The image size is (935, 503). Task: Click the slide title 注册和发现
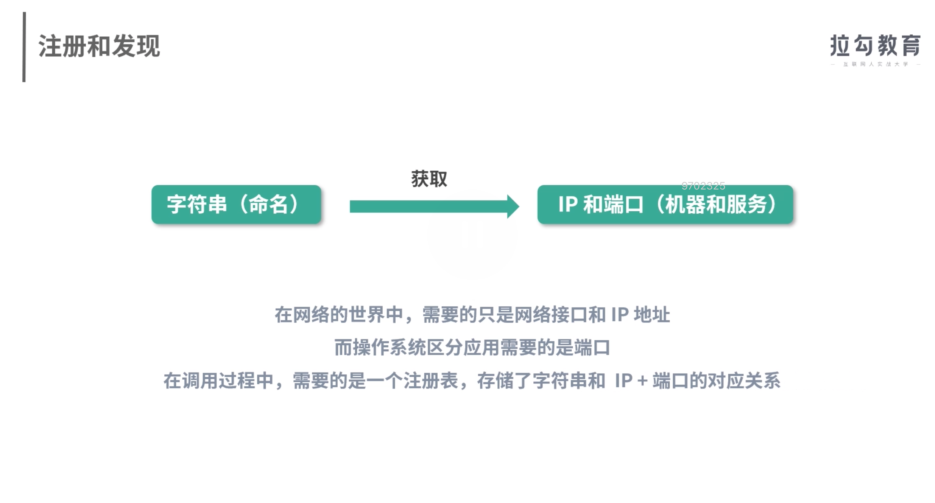[99, 46]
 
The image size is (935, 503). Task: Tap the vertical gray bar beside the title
[24, 47]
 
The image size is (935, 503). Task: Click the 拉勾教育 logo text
[875, 45]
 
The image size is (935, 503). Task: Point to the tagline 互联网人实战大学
[875, 64]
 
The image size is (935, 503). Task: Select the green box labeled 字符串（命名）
[236, 204]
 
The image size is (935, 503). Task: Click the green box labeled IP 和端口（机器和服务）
[665, 204]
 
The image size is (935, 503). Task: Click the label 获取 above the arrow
[429, 179]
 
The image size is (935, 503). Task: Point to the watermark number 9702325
[703, 186]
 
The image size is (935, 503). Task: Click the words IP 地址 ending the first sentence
[640, 315]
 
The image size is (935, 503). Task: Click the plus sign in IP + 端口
[642, 381]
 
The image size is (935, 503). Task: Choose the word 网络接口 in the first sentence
[551, 315]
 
